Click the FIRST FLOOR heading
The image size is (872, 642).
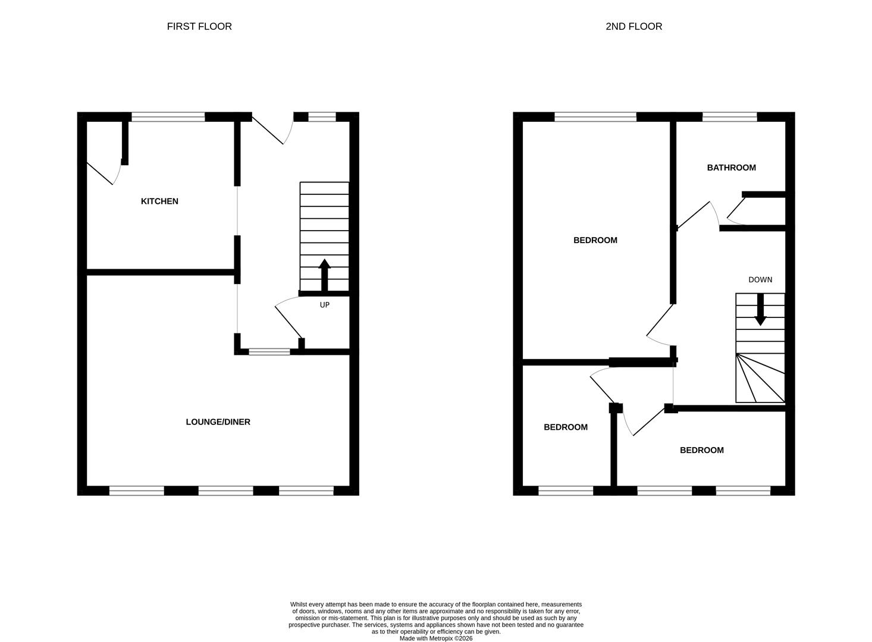(199, 27)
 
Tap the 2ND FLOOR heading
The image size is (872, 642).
(633, 27)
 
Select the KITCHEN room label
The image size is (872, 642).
(159, 201)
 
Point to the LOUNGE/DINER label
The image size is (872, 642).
(218, 422)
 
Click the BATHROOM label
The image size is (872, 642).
(732, 168)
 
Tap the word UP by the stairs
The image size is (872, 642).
(325, 305)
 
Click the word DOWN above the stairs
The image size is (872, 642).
(760, 280)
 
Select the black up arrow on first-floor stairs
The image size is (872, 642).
(324, 275)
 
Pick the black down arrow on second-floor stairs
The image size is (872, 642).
(760, 309)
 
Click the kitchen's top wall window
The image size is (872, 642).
(168, 117)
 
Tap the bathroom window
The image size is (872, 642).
(730, 117)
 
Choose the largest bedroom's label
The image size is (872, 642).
(595, 241)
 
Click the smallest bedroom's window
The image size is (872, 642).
(566, 490)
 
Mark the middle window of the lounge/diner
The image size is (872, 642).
(226, 490)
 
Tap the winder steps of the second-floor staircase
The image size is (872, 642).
(760, 378)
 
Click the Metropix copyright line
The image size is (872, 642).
(436, 638)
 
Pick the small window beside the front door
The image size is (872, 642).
(322, 117)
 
